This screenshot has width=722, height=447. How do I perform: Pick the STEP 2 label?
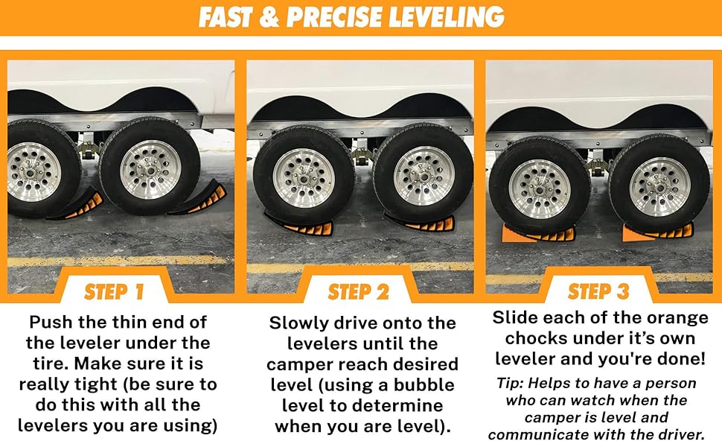(358, 291)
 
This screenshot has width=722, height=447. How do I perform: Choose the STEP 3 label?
(599, 291)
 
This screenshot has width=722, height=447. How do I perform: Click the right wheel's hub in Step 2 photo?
(423, 176)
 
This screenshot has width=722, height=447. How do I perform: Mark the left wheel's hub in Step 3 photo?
(538, 188)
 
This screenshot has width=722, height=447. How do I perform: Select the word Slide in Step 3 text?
(515, 318)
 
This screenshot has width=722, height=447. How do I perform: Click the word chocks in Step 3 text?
(535, 339)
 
